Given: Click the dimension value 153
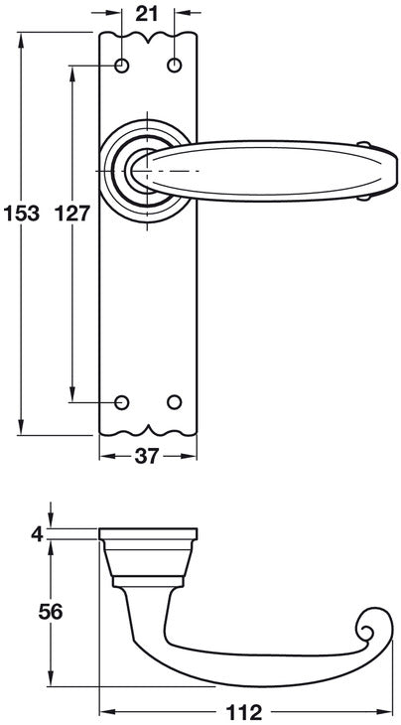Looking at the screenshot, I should point(21,213).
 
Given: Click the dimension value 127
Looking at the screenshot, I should point(72,213).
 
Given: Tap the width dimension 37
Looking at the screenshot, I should point(147,456).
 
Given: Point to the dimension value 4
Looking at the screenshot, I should point(38,534).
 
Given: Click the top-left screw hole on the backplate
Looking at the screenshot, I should point(123,67).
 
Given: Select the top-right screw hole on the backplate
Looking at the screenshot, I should point(175,67).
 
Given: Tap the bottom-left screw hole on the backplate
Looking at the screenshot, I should point(123,402).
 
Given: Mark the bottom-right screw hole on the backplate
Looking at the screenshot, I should point(175,402).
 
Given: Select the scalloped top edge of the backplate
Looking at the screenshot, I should point(148,37).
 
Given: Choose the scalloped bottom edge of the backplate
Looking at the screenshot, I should point(148,432).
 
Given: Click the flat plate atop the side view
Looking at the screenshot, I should point(147,535).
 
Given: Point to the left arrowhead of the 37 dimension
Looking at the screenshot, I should point(105,456).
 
